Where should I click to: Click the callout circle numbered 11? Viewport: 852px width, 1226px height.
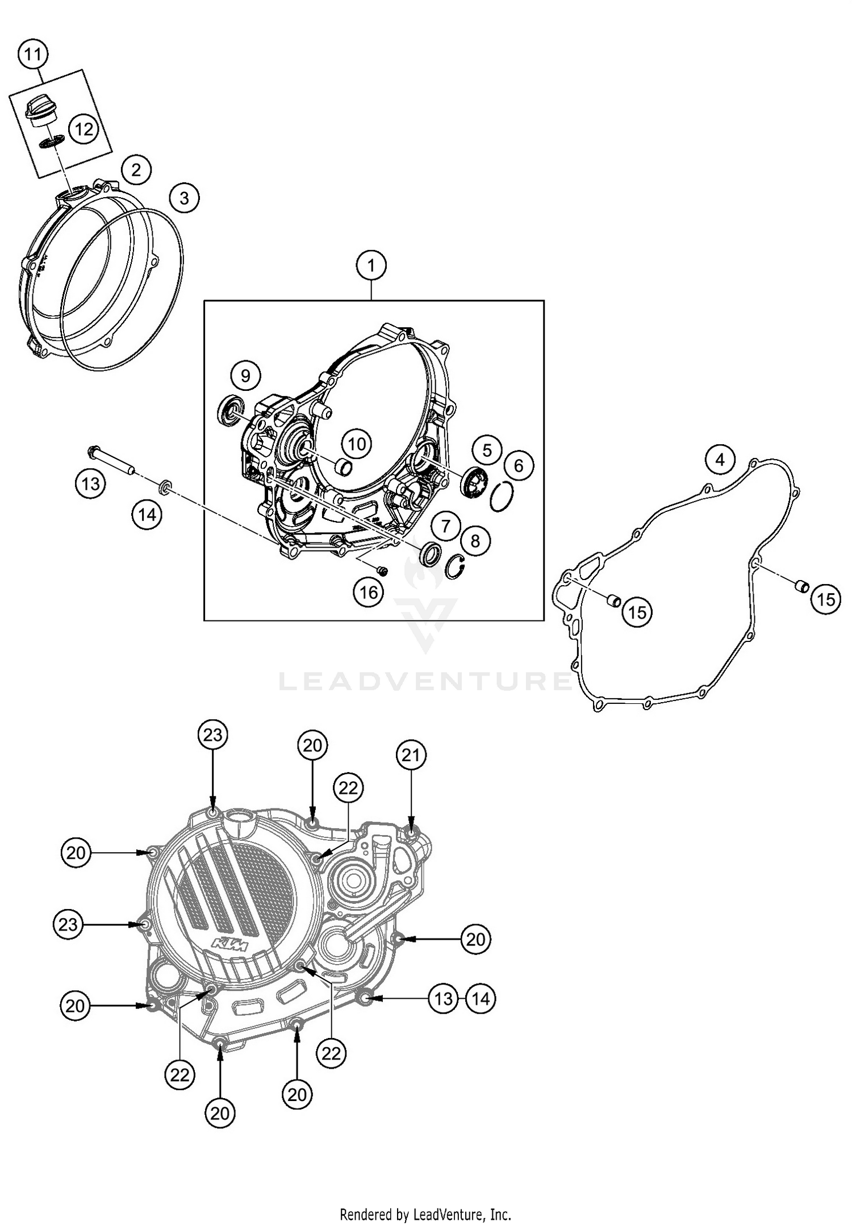coord(32,55)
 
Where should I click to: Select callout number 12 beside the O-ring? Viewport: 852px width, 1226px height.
coord(83,130)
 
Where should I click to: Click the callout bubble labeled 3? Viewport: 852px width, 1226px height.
coord(184,198)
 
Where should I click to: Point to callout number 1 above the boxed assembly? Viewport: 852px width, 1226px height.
coord(371,265)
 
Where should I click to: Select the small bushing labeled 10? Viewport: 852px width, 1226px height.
coord(343,468)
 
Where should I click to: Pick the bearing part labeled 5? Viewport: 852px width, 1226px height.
coord(472,485)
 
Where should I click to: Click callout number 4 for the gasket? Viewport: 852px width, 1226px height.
coord(720,460)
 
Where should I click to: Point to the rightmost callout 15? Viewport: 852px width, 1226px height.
coord(826,599)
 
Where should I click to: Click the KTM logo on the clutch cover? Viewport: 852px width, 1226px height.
coord(231,945)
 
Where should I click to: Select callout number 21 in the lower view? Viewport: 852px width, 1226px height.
coord(411,755)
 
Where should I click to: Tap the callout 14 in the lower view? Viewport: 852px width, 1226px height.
coord(481,998)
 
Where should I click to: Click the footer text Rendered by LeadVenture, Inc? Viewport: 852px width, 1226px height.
coord(425,1215)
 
